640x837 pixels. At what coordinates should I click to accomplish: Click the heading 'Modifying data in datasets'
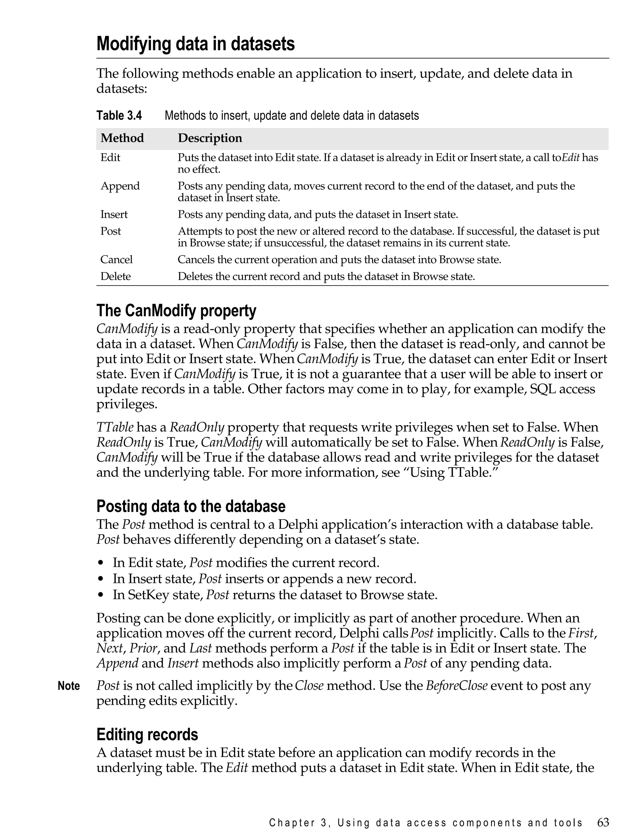pyautogui.click(x=195, y=44)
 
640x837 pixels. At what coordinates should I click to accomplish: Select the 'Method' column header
pyautogui.click(x=122, y=138)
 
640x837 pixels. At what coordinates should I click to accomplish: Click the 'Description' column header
pyautogui.click(x=210, y=138)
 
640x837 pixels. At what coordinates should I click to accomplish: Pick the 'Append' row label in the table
pyautogui.click(x=120, y=186)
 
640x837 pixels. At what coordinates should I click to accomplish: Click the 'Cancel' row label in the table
pyautogui.click(x=116, y=259)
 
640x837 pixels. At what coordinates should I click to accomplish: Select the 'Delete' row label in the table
pyautogui.click(x=115, y=276)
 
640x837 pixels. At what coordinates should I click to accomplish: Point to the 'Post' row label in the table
pyautogui.click(x=111, y=231)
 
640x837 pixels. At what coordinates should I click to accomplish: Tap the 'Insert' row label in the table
pyautogui.click(x=114, y=214)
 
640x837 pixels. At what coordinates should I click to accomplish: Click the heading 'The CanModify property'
pyautogui.click(x=176, y=311)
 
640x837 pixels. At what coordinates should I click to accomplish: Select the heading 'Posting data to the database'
pyautogui.click(x=191, y=506)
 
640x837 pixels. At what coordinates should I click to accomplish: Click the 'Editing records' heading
pyautogui.click(x=147, y=734)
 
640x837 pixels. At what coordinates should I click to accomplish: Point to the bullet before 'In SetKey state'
pyautogui.click(x=101, y=595)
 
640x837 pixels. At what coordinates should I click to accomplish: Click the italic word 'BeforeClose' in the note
pyautogui.click(x=456, y=686)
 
